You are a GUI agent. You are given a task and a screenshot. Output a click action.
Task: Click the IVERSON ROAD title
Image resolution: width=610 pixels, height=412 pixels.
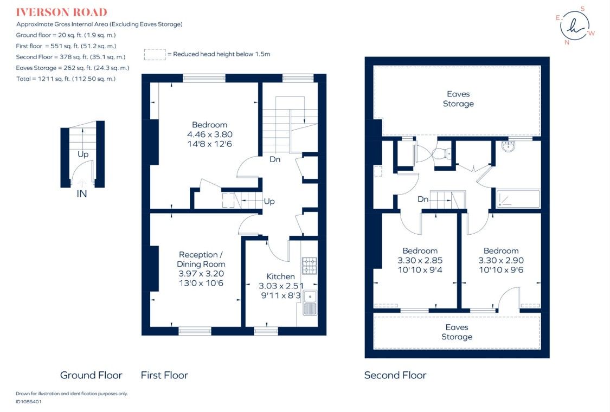click(61, 12)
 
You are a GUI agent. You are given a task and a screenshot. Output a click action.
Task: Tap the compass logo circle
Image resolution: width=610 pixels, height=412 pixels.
click(575, 25)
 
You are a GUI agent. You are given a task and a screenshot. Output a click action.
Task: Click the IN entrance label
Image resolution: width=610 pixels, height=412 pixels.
click(81, 193)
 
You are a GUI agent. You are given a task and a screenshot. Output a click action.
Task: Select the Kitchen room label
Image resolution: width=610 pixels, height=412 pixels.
click(280, 276)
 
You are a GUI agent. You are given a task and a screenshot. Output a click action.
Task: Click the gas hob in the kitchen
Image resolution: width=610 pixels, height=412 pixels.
click(310, 266)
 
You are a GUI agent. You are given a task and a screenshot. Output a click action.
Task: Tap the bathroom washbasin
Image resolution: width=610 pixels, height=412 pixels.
click(509, 146)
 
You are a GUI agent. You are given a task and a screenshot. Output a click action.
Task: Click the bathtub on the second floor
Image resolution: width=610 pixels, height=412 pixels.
click(518, 198)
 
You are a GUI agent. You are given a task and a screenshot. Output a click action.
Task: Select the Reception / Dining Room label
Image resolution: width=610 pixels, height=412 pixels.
click(200, 259)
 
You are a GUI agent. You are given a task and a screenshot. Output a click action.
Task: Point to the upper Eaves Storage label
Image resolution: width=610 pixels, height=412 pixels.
click(458, 99)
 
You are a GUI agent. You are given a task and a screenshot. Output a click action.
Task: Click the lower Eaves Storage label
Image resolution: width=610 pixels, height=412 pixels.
click(457, 332)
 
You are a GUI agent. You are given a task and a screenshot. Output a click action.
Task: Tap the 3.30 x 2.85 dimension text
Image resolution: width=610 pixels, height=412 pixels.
click(420, 260)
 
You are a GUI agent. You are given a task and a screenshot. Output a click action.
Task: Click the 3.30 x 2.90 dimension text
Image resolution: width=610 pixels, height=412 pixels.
click(501, 260)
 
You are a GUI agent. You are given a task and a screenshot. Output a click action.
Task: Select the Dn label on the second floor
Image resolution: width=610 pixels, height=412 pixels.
click(423, 199)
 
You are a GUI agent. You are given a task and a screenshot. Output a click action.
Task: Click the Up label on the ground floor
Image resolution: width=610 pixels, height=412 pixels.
click(82, 154)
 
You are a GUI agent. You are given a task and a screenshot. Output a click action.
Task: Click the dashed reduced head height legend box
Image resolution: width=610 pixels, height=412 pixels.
click(155, 54)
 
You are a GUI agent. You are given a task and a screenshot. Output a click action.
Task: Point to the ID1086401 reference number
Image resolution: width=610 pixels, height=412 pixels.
click(29, 402)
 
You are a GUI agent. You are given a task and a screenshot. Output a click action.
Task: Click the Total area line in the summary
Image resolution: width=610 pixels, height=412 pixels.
click(66, 79)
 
